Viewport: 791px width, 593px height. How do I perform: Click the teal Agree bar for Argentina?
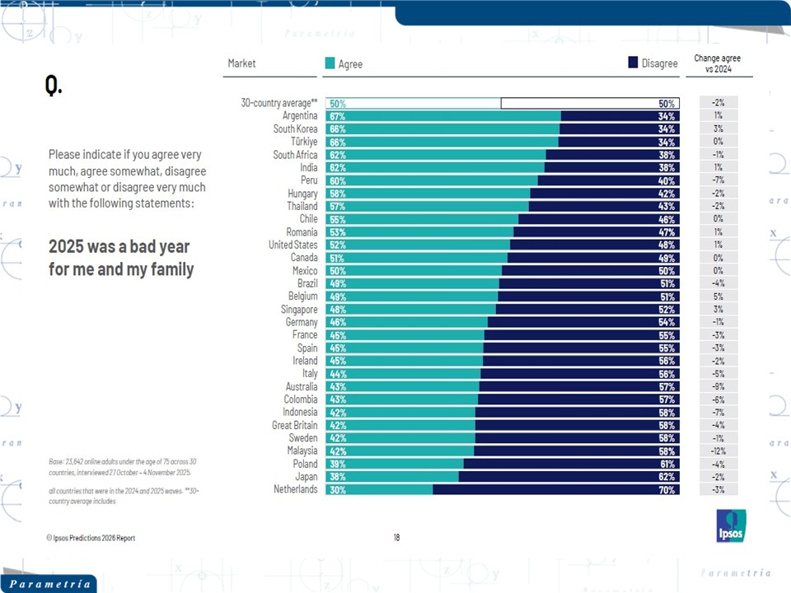point(443,116)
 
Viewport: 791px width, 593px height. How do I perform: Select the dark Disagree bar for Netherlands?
point(556,489)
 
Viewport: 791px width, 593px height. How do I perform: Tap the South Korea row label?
point(295,129)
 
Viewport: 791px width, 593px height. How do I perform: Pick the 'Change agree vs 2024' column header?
point(717,63)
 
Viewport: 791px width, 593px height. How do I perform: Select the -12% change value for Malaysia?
point(718,451)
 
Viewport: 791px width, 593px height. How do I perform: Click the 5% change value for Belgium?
point(718,296)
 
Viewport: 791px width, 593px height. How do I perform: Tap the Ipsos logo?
point(731,526)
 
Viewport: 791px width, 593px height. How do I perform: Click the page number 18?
point(396,538)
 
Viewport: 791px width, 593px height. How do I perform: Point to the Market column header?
point(242,63)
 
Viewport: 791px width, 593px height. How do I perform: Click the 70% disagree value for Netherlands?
point(667,490)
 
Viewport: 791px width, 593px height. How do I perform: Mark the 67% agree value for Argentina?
point(337,117)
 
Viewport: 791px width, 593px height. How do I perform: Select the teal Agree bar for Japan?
point(392,476)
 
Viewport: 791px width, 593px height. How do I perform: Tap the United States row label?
point(293,245)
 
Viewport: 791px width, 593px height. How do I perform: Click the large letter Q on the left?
point(53,86)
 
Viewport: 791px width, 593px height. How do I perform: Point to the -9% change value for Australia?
point(718,386)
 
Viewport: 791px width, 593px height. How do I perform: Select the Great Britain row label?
point(294,425)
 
